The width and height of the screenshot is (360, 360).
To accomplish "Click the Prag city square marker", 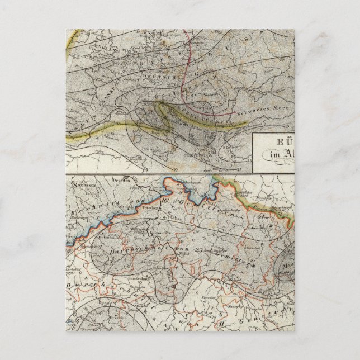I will (x=173, y=286).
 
